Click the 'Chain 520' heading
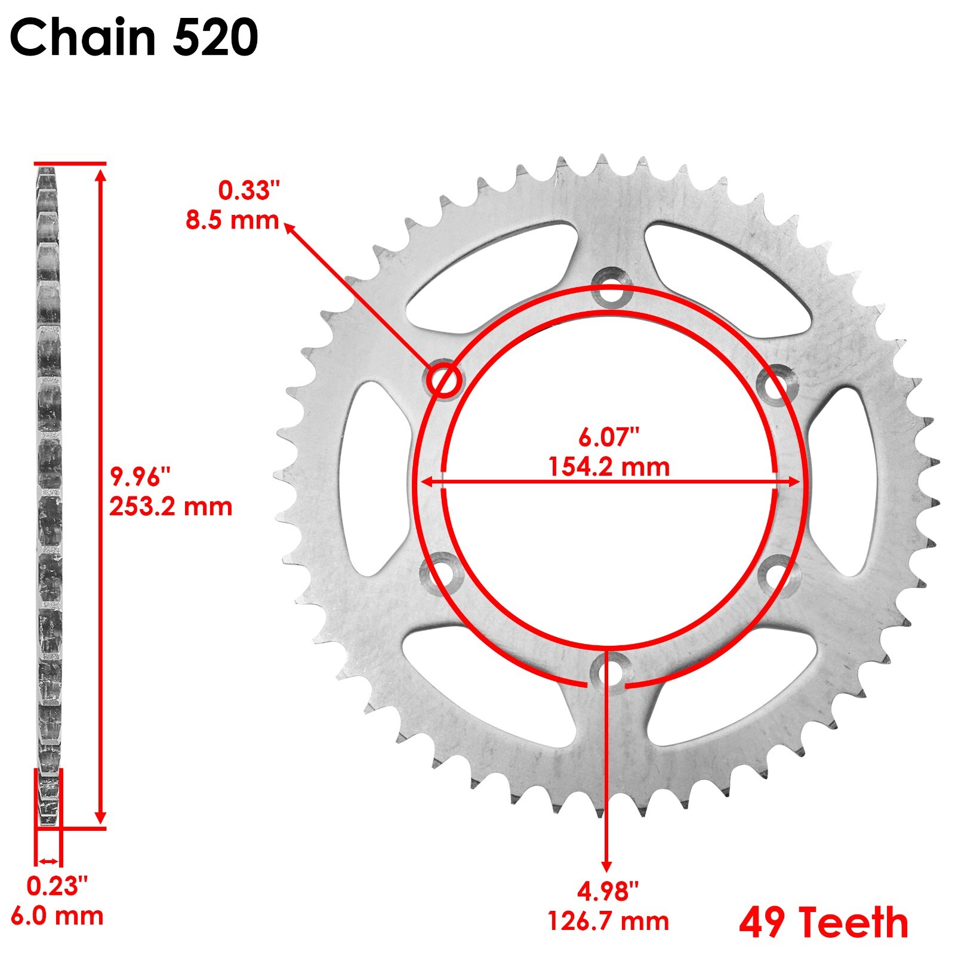pyautogui.click(x=134, y=37)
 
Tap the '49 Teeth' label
pyautogui.click(x=823, y=922)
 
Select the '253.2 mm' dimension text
pyautogui.click(x=171, y=507)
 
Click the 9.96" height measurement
pyautogui.click(x=140, y=477)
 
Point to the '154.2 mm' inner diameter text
pyautogui.click(x=609, y=466)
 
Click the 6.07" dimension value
pyautogui.click(x=609, y=438)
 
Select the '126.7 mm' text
pyautogui.click(x=608, y=922)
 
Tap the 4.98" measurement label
pyautogui.click(x=608, y=892)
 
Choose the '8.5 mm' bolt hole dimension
pyautogui.click(x=232, y=220)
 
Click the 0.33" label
pyautogui.click(x=248, y=191)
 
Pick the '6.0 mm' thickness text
pyautogui.click(x=57, y=916)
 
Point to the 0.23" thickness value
pyautogui.click(x=57, y=886)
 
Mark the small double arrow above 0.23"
pyautogui.click(x=48, y=861)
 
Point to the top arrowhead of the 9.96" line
pyautogui.click(x=100, y=174)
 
